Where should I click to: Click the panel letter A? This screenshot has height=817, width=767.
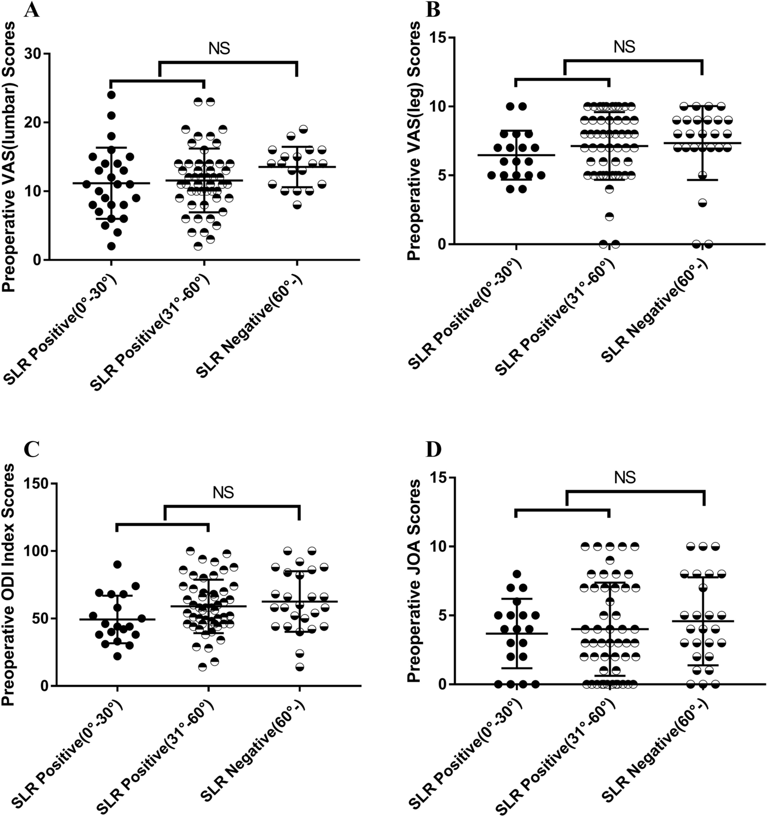(x=32, y=10)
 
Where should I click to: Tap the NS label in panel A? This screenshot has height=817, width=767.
(x=219, y=49)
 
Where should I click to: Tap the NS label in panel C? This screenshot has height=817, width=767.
(x=223, y=493)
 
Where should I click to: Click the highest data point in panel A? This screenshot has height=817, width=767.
(x=111, y=94)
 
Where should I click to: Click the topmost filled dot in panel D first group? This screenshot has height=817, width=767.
(x=517, y=574)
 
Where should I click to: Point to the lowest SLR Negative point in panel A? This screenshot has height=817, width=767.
(x=297, y=205)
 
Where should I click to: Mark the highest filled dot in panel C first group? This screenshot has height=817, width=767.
(x=117, y=564)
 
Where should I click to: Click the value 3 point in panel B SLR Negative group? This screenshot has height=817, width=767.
(x=703, y=203)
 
